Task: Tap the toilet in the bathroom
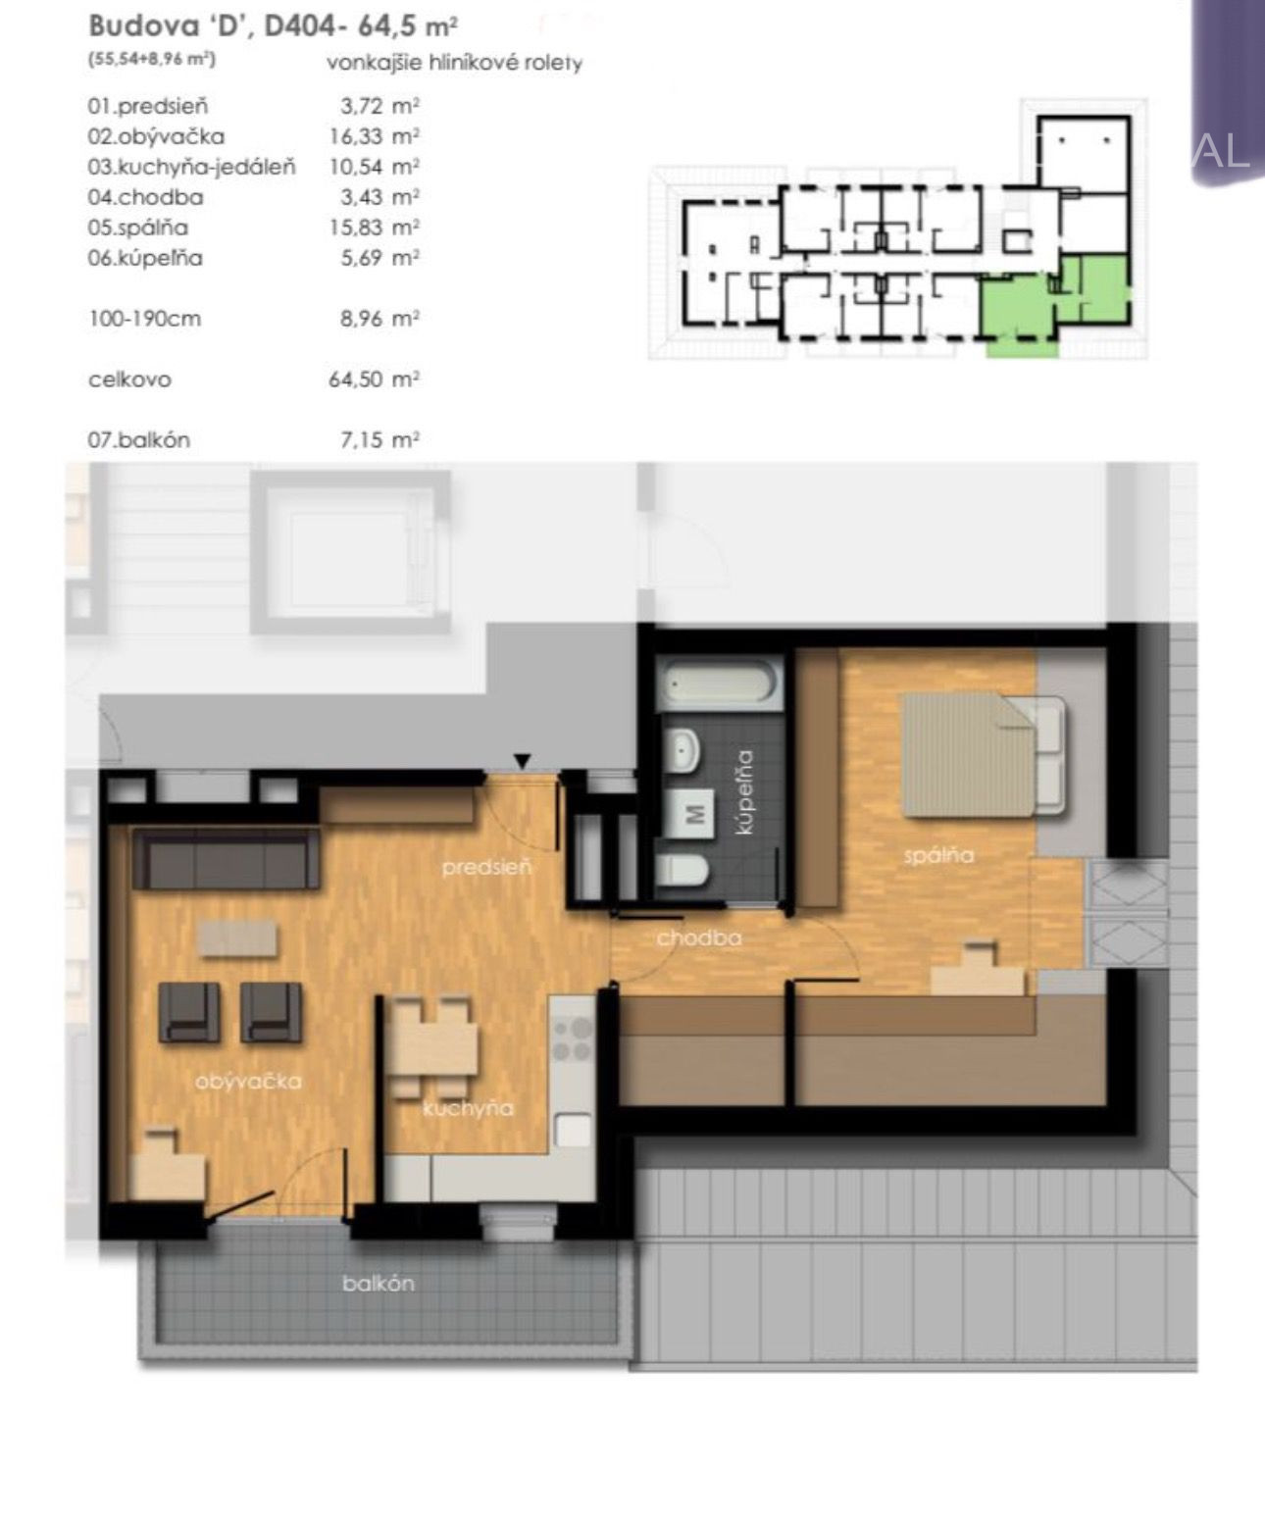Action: (682, 869)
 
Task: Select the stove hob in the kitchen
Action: (572, 1039)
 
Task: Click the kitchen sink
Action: (574, 1130)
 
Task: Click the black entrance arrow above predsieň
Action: (522, 761)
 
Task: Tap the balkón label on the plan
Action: (379, 1284)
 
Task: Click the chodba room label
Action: (699, 937)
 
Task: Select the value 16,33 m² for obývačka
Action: (375, 136)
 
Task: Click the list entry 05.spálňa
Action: (137, 228)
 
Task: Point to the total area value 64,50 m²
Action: (375, 380)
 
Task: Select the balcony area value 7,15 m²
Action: (379, 439)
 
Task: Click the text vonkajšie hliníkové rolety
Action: (454, 64)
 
